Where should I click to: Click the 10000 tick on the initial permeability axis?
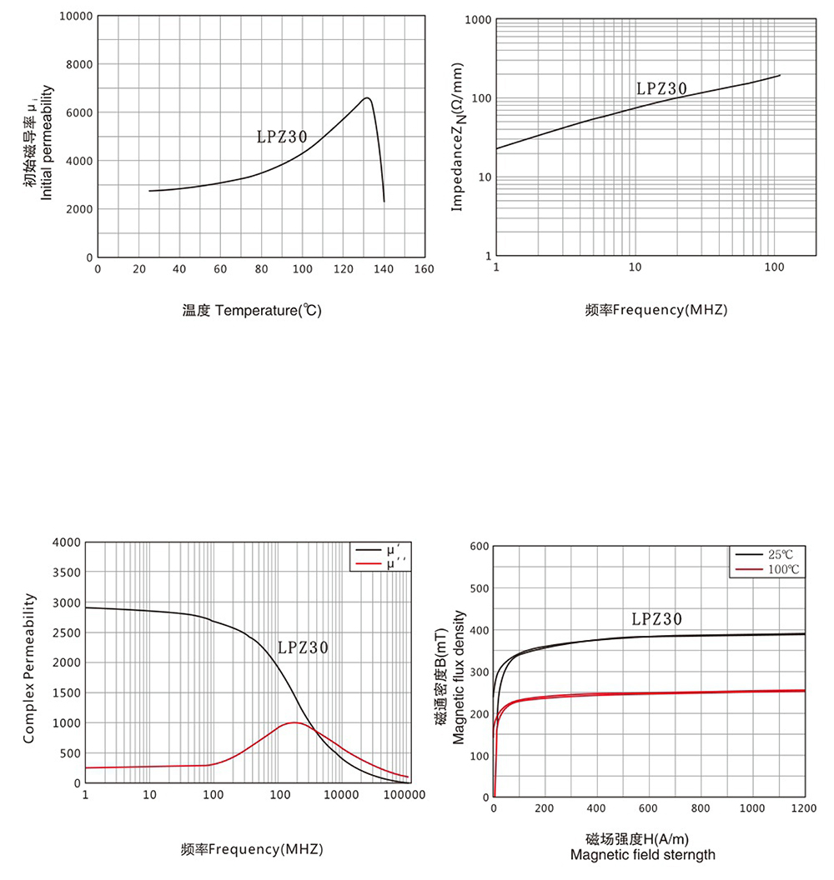77,17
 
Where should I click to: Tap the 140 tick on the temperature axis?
384,269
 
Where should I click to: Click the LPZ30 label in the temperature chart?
282,137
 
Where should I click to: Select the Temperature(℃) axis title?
252,310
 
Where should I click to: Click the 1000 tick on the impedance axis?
476,19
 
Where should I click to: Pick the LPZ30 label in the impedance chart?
661,88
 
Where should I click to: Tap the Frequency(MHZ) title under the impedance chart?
656,310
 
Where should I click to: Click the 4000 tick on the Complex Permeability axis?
66,542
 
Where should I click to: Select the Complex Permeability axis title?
29,667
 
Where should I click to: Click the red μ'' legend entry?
380,564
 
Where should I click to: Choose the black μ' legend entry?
380,551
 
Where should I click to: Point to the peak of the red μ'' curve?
294,722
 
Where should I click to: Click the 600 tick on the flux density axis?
479,547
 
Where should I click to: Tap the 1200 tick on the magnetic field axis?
804,808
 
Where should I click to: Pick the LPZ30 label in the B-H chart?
656,619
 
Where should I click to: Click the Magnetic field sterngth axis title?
642,855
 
